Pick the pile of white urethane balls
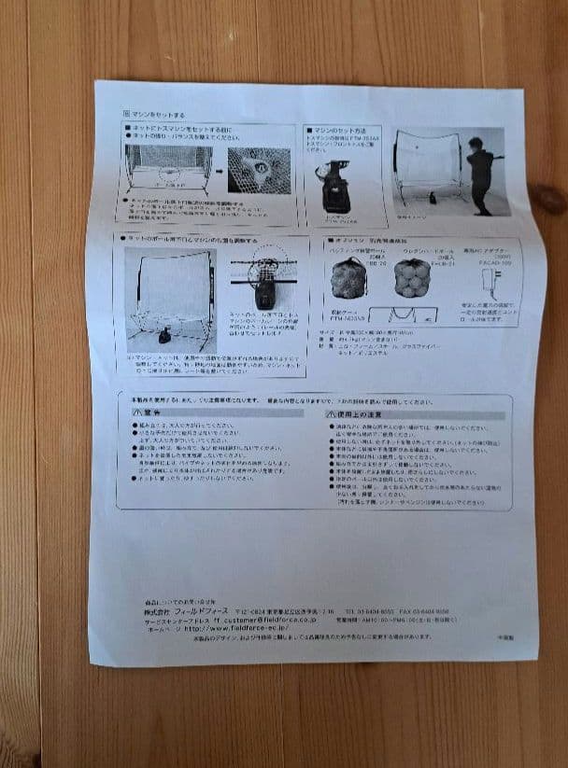tap(413, 277)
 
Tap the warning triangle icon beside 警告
tap(136, 412)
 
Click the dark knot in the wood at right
tap(547, 198)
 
